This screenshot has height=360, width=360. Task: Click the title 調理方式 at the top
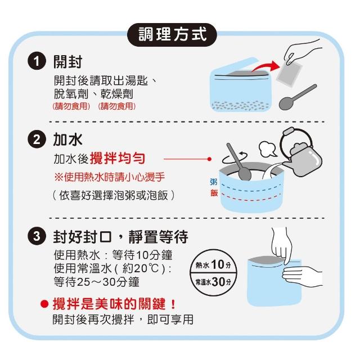[x=172, y=35]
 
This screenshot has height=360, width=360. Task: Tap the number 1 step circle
[x=37, y=61]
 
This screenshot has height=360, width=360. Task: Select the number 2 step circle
[x=37, y=139]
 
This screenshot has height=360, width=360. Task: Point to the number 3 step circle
[x=37, y=236]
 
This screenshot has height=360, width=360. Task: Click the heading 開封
[x=67, y=62]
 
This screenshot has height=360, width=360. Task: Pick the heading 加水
[x=67, y=139]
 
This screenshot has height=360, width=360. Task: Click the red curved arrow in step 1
[x=266, y=66]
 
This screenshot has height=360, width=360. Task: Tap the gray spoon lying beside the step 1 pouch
[x=298, y=97]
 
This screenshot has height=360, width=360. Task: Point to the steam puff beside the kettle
[x=267, y=148]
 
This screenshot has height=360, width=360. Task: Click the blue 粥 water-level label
[x=214, y=182]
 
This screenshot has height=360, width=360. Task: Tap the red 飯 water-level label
[x=214, y=193]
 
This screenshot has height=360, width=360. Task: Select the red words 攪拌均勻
[x=118, y=159]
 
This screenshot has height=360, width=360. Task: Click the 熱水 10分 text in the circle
[x=213, y=264]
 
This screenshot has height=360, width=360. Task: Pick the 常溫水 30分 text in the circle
[x=213, y=282]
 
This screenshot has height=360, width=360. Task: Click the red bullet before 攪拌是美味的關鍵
[x=44, y=304]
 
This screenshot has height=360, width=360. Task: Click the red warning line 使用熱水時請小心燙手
[x=110, y=177]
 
